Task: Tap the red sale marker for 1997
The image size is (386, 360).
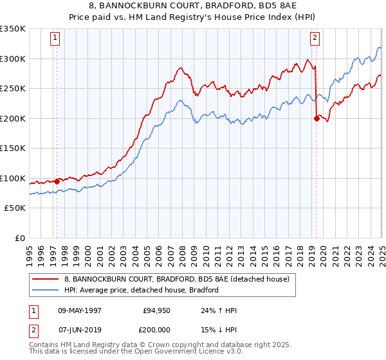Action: click(x=57, y=181)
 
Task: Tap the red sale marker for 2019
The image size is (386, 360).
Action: click(x=317, y=118)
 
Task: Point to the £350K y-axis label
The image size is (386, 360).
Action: click(x=13, y=29)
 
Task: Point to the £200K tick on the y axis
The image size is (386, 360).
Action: click(x=13, y=118)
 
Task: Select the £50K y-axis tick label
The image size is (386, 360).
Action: click(x=15, y=208)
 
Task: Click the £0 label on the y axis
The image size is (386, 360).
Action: click(x=21, y=238)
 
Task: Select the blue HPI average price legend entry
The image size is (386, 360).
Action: click(x=142, y=290)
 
